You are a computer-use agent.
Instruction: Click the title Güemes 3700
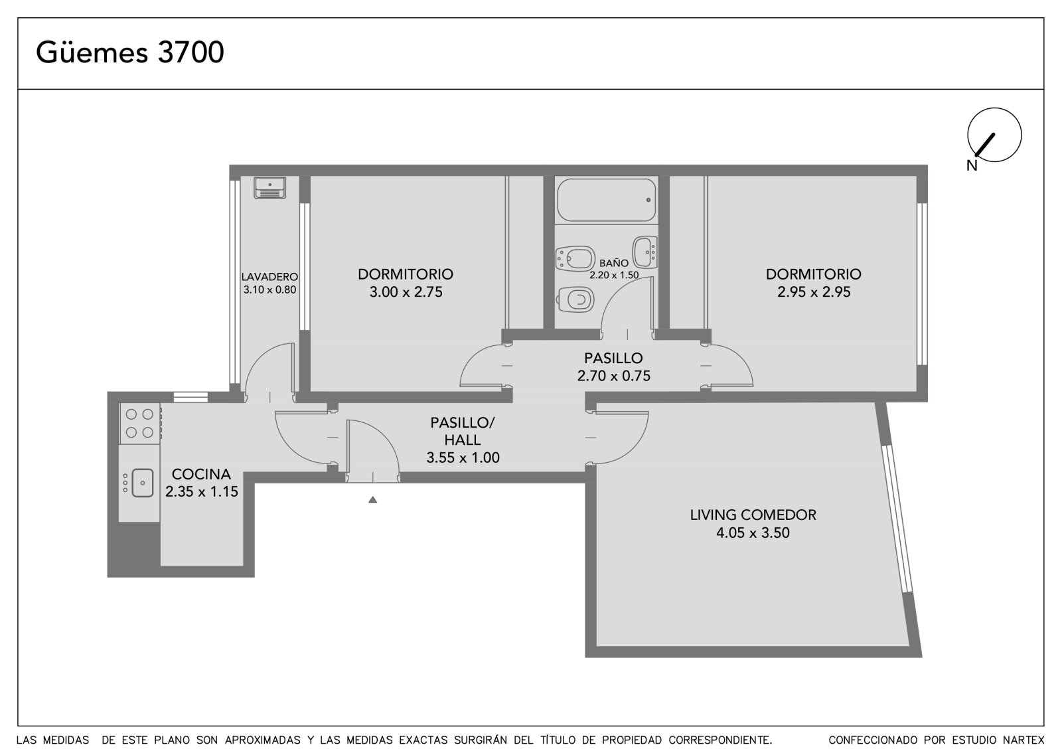[x=130, y=52]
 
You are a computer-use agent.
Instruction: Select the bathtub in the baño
[x=607, y=201]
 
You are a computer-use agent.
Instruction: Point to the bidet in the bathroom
[x=575, y=258]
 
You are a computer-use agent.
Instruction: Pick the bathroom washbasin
[x=645, y=252]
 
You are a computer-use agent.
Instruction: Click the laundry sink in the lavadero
[x=269, y=188]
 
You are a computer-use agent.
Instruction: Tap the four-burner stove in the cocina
[x=140, y=423]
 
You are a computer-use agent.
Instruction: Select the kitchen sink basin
[x=142, y=483]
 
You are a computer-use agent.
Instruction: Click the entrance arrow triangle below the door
[x=372, y=499]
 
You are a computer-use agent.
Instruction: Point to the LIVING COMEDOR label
[x=753, y=515]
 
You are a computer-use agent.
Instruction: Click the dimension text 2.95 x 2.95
[x=814, y=292]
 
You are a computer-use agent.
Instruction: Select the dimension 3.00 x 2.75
[x=406, y=292]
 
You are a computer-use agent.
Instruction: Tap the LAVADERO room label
[x=269, y=277]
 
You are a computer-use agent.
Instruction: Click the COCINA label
[x=201, y=474]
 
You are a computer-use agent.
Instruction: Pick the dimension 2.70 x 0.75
[x=613, y=376]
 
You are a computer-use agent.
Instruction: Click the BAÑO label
[x=614, y=263]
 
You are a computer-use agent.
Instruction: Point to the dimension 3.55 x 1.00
[x=463, y=458]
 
